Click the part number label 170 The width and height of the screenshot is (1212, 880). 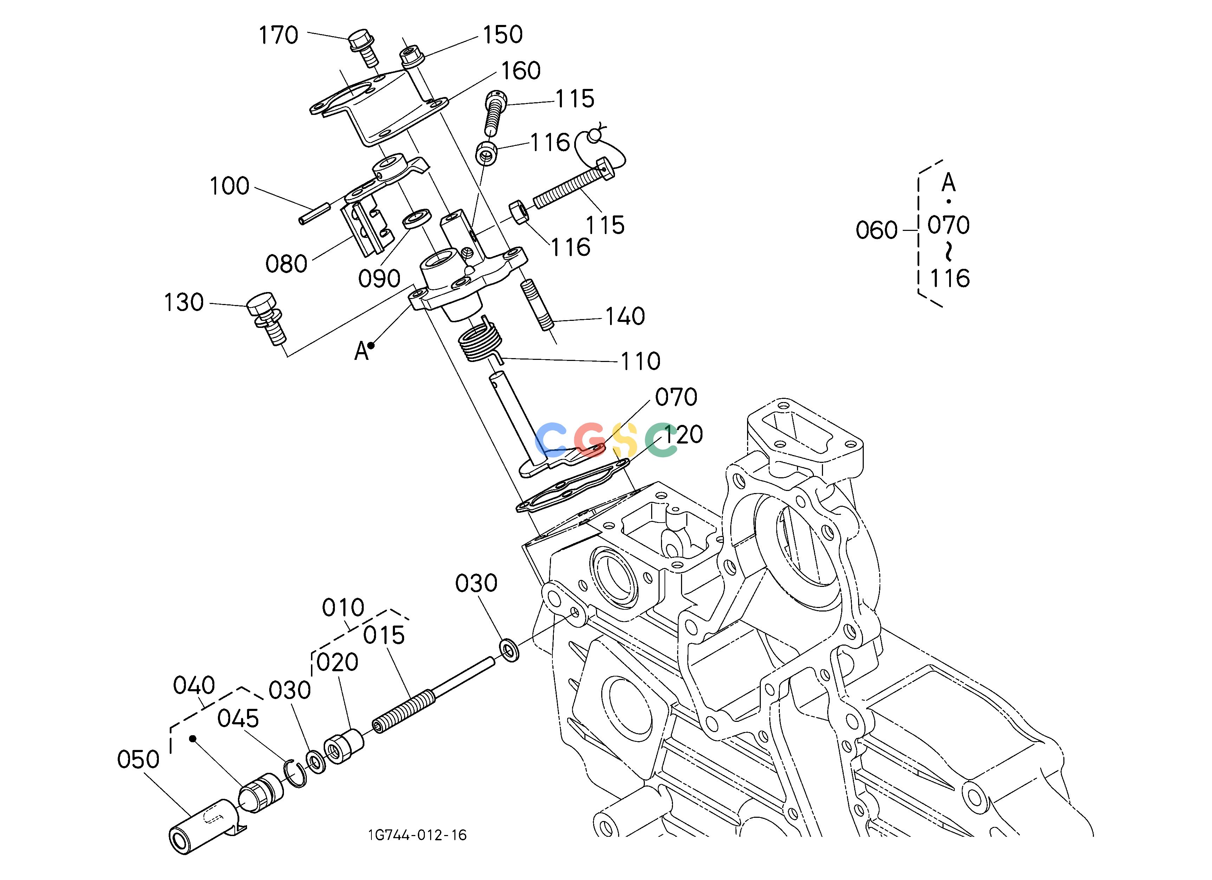coord(278,36)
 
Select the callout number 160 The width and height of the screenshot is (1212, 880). coord(520,71)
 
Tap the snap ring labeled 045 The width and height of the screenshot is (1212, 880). coord(294,772)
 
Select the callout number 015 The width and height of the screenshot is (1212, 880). coord(384,636)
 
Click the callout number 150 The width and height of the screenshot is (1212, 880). coord(503,35)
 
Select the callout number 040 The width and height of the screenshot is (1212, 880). coord(194,686)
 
